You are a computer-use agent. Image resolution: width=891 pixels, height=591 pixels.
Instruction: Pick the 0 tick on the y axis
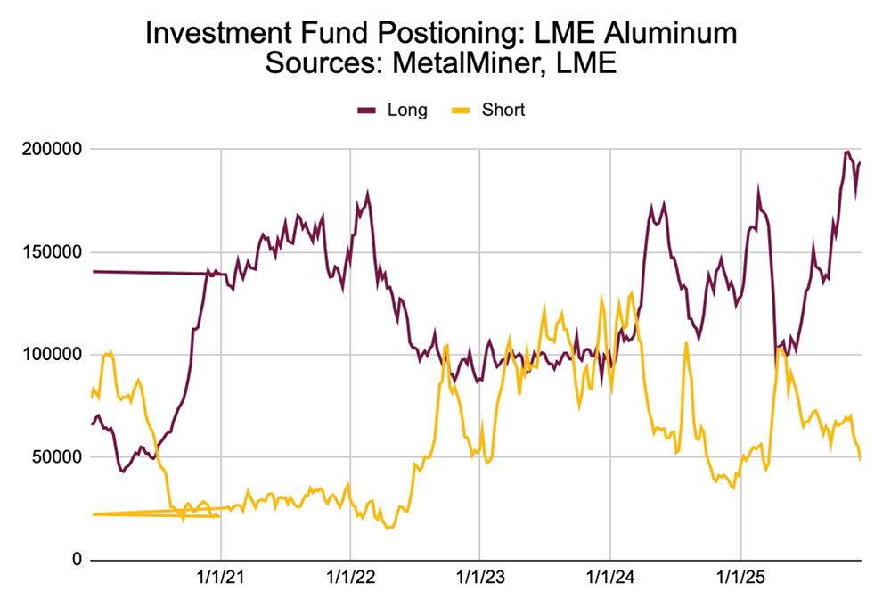[x=77, y=560]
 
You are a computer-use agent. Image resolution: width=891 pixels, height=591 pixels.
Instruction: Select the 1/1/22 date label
[x=350, y=578]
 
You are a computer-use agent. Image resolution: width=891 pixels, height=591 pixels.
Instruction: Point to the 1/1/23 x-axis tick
[x=480, y=578]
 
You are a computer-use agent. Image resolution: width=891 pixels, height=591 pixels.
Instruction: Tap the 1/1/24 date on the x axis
[x=610, y=578]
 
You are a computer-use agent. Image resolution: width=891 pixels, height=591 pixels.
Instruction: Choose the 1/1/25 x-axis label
[x=740, y=578]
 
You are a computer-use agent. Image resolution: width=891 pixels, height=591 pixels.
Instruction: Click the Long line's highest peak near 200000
[x=846, y=152]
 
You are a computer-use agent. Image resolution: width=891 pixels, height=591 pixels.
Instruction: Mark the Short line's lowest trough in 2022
[x=388, y=529]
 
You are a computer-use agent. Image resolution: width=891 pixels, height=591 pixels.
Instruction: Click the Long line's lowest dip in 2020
[x=122, y=471]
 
